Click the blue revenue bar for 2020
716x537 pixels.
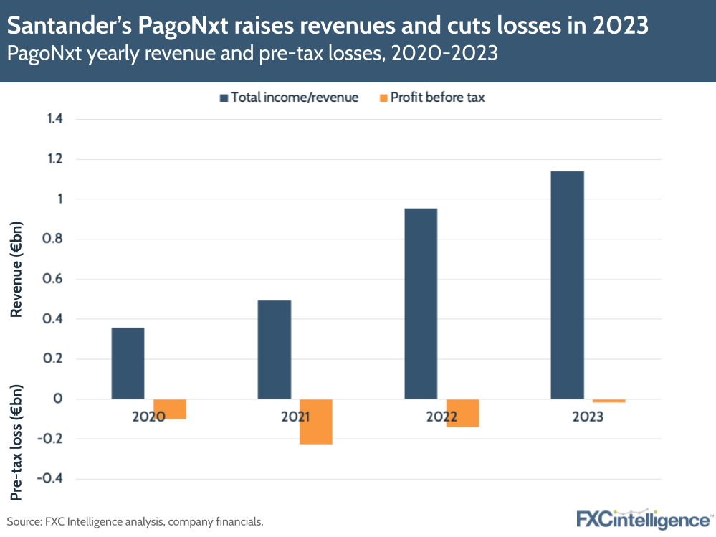(128, 363)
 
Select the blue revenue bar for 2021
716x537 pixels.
(275, 349)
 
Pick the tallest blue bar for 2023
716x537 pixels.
(567, 285)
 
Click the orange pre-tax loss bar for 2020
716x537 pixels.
(170, 409)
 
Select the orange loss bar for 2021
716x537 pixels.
(316, 422)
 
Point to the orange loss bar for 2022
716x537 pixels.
(462, 413)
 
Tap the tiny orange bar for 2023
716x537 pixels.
(608, 401)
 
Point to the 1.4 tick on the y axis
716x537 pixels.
(55, 119)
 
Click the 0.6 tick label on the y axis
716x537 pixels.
(55, 279)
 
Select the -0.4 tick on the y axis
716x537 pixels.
(52, 479)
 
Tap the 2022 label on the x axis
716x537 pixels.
(441, 417)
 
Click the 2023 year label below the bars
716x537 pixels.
(587, 417)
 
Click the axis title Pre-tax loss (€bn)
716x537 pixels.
(17, 442)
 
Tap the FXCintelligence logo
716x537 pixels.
(643, 518)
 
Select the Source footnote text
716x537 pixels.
(135, 521)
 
